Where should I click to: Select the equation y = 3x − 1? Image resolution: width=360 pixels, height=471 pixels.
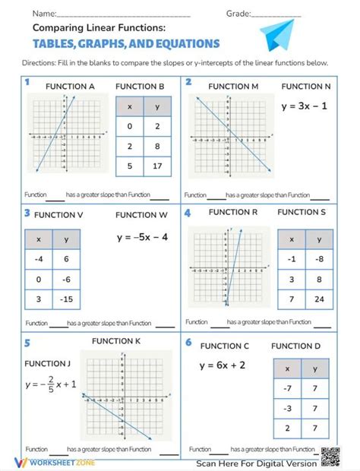click(304, 106)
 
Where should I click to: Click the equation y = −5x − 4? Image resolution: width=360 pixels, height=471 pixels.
click(142, 237)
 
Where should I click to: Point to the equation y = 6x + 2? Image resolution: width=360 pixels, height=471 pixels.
click(223, 365)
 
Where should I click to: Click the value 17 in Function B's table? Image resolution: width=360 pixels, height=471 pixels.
click(156, 166)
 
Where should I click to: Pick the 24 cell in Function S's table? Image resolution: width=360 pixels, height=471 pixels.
click(319, 299)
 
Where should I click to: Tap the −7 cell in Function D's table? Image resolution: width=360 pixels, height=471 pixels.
click(287, 387)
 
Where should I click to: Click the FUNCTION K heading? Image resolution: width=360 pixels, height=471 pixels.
click(116, 341)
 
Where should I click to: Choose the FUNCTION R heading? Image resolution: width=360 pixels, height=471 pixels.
click(233, 212)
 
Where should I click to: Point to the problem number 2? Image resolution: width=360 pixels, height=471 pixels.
click(188, 82)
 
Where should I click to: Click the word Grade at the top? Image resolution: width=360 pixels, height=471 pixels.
click(238, 14)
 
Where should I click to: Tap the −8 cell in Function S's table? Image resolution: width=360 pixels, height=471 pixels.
click(319, 258)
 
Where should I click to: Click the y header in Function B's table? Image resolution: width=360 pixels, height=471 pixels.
click(156, 107)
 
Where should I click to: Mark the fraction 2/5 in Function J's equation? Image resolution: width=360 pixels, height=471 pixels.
click(52, 384)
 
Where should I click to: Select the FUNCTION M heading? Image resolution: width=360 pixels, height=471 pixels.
click(233, 87)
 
